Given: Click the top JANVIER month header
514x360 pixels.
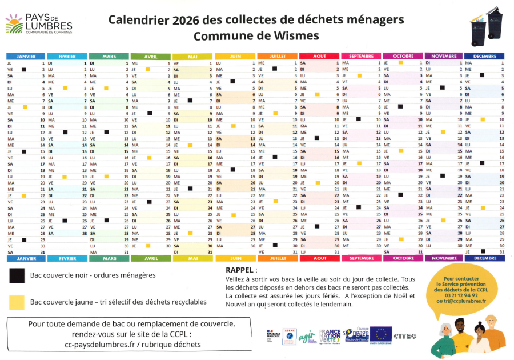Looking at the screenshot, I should tap(26, 56).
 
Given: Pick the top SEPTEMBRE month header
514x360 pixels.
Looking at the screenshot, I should tap(361, 56).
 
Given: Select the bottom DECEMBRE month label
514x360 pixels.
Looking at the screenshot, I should tap(484, 258).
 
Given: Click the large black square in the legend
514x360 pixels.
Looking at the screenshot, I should tap(18, 275).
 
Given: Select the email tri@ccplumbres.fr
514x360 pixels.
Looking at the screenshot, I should tap(461, 301).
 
